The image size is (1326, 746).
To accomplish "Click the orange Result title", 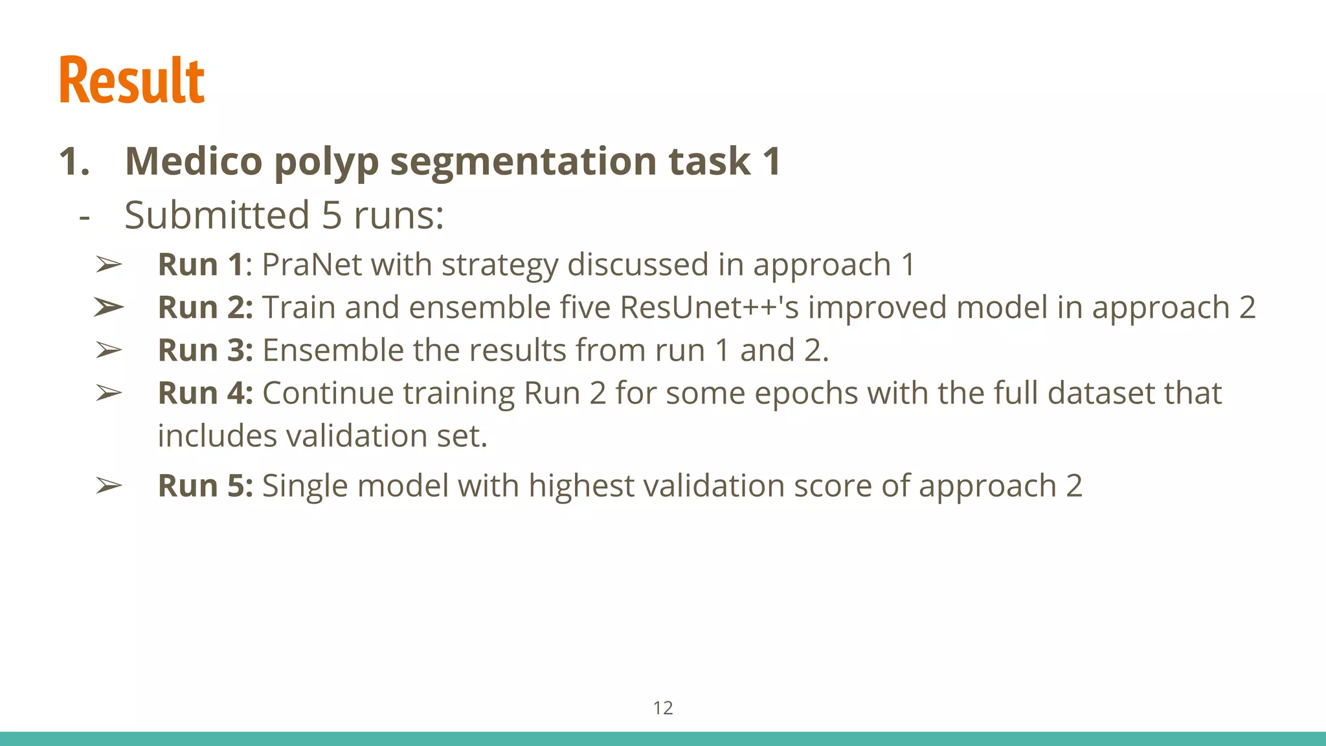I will click(132, 80).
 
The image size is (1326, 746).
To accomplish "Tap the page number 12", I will click(663, 708).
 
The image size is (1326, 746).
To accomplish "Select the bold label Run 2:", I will click(205, 308).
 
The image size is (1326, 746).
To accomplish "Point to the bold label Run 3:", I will click(205, 350).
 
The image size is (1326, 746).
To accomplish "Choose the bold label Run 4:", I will click(205, 393).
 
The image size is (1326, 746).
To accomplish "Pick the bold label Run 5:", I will click(205, 486).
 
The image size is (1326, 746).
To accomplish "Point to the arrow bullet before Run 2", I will click(108, 308).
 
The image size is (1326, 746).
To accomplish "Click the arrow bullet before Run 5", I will click(108, 486).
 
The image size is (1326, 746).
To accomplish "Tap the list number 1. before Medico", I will click(74, 161).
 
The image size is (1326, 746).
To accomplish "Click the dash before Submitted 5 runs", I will click(84, 216).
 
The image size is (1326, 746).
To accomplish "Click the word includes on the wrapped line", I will click(217, 436).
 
